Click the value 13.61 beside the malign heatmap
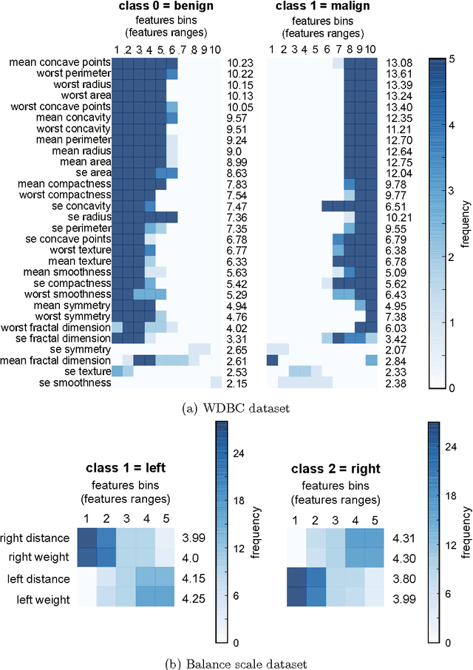pos(398,74)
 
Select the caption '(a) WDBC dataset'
pos(236,405)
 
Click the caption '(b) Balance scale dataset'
pos(236,663)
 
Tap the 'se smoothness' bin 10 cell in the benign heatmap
pos(215,382)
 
